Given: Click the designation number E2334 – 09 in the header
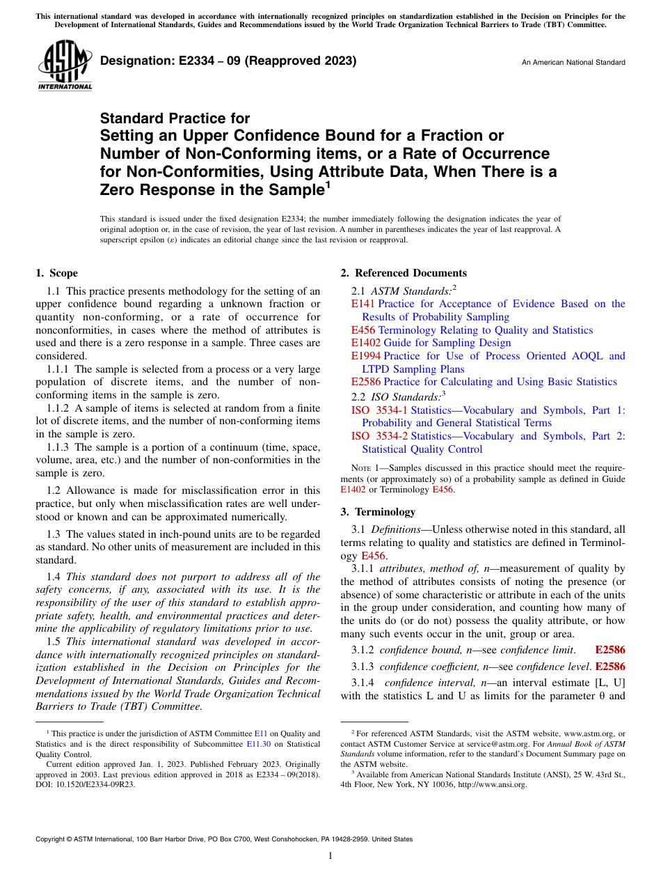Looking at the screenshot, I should [228, 61].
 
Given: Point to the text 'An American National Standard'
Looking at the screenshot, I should [573, 63].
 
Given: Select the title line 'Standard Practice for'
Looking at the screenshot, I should [175, 118].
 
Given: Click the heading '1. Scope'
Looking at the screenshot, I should [56, 273].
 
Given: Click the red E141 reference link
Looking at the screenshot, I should [363, 304].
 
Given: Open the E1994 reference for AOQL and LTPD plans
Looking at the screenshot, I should [366, 356].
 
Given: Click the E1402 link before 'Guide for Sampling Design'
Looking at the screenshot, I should [366, 343].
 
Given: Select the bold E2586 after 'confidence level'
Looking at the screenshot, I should [610, 666].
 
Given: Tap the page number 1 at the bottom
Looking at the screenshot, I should [330, 856].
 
